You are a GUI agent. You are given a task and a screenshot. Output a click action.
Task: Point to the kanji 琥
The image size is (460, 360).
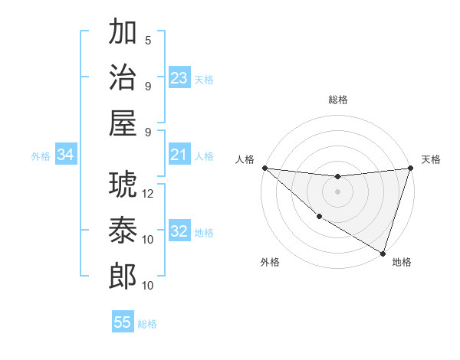point(123,183)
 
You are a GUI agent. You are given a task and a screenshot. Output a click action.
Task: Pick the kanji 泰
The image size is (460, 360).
point(123,229)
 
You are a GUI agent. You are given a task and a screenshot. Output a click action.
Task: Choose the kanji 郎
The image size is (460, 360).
point(123,275)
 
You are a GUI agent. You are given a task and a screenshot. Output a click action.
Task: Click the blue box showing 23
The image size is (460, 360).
point(179,78)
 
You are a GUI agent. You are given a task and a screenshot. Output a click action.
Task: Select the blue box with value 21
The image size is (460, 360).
point(179,155)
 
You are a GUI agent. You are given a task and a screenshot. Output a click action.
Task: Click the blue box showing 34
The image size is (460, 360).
point(66,155)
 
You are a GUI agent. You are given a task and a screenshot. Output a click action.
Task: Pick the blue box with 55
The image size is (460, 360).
point(123,322)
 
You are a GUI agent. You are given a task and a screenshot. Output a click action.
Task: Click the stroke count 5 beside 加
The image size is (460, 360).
point(148,40)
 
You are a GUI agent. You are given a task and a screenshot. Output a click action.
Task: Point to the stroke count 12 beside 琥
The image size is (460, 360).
point(149,193)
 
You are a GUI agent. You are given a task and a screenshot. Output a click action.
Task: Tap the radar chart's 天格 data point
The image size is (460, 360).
point(410,168)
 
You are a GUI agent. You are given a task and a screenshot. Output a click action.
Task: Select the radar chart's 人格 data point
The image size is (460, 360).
point(264,168)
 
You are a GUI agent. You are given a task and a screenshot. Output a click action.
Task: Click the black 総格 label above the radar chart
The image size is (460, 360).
point(337,100)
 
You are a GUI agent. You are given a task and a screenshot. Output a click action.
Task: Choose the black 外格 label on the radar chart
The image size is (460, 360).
point(270,263)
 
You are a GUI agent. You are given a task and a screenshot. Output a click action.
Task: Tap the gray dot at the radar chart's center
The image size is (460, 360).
point(337,191)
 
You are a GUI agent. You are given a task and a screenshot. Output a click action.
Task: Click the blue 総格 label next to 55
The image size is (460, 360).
point(147,324)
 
